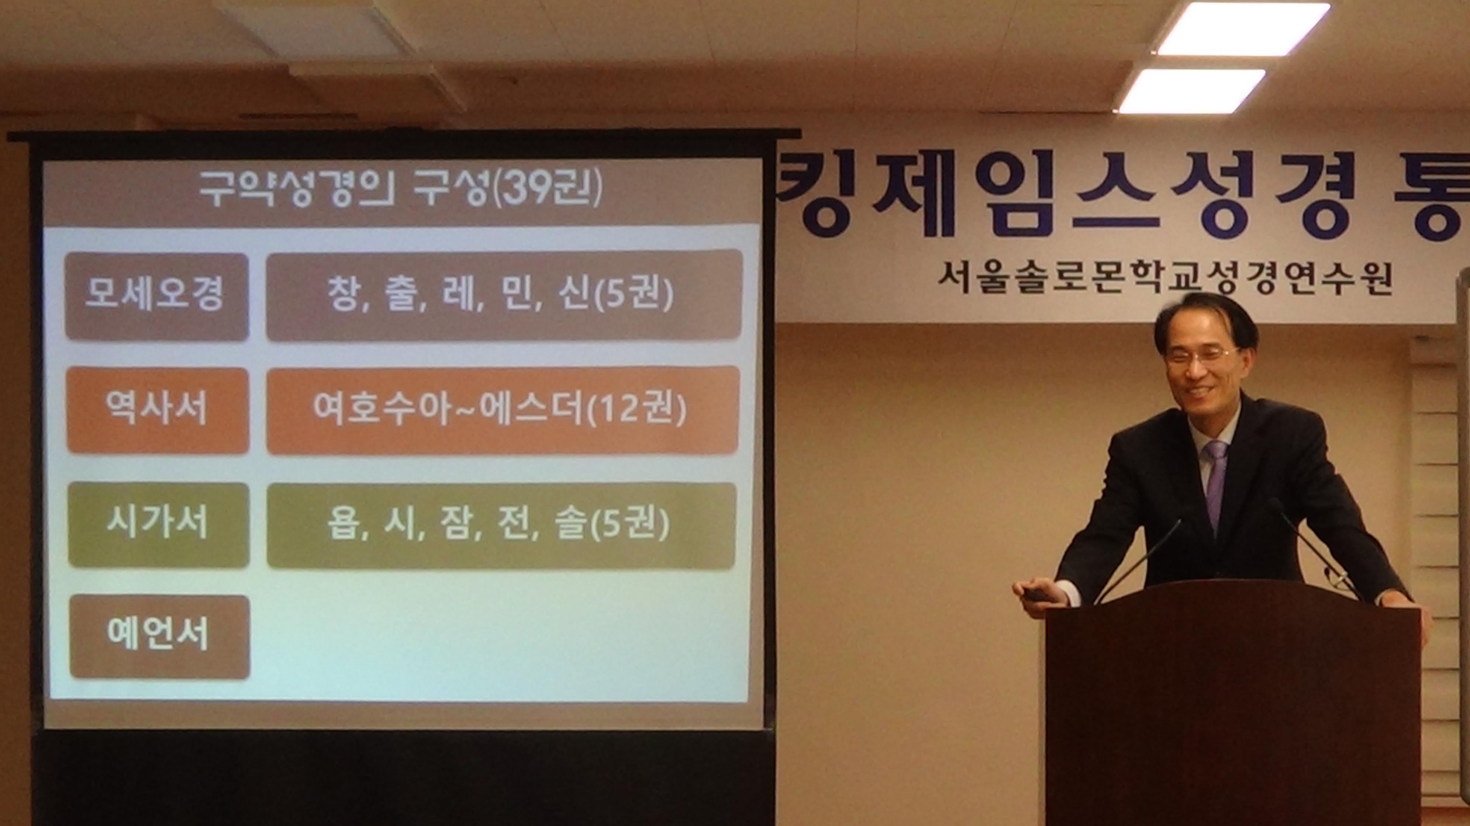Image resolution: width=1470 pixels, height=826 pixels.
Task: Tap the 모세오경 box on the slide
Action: pos(156,296)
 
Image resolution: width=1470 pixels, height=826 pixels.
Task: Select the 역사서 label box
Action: pos(158,410)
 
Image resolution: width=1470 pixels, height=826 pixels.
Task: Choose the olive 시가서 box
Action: pos(159,525)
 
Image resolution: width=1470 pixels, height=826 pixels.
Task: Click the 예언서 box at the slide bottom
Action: pos(160,636)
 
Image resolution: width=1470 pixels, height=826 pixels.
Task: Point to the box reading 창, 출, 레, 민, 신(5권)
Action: pos(504,295)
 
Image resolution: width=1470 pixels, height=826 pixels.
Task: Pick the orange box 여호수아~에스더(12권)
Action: pos(503,410)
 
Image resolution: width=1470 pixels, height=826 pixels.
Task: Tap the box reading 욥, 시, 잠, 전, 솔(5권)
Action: pos(501,525)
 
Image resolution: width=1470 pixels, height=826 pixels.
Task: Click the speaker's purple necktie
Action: pos(1216,485)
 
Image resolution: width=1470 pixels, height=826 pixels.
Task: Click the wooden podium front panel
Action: pos(1233,713)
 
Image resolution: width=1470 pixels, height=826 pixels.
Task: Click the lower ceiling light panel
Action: pos(1191,91)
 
